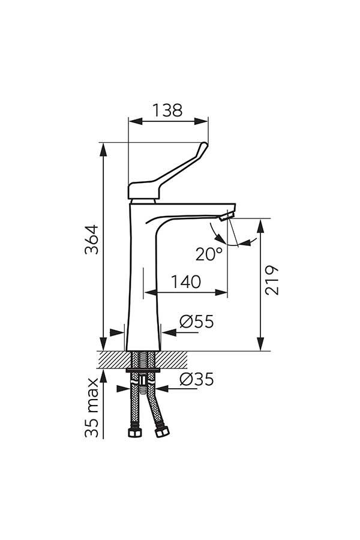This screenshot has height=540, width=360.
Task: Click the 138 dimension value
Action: click(167, 110)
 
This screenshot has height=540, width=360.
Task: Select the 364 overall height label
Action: click(92, 239)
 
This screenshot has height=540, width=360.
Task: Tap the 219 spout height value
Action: click(272, 280)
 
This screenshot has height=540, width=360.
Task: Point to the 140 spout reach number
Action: click(186, 282)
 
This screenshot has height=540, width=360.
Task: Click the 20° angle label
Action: click(209, 254)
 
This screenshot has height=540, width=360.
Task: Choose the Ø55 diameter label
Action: click(197, 322)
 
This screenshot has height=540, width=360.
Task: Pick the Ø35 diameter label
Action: click(197, 380)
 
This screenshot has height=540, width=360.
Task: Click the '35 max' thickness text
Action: click(92, 408)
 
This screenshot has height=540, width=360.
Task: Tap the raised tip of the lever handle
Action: click(205, 145)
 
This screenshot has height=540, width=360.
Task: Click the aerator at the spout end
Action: click(227, 216)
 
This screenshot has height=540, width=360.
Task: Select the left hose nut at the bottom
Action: click(134, 433)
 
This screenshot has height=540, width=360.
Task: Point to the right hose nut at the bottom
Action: click(162, 431)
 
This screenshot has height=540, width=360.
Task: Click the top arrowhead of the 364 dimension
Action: click(103, 149)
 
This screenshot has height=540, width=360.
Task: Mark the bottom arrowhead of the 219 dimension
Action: click(260, 344)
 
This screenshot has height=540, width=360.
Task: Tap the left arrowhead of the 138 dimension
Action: click(135, 121)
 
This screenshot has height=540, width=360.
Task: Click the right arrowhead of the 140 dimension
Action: click(221, 293)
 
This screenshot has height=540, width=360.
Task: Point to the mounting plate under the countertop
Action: click(143, 371)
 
